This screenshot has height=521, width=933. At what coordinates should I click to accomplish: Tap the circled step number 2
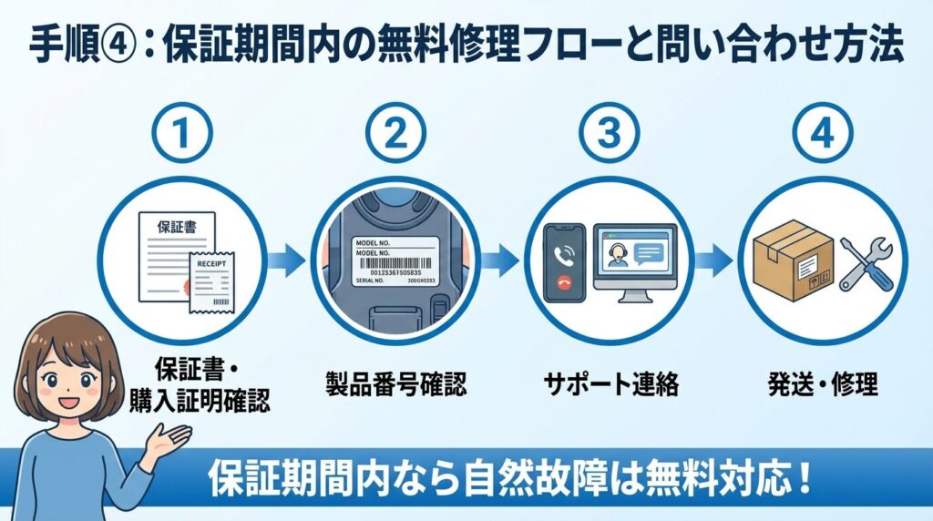coord(395,135)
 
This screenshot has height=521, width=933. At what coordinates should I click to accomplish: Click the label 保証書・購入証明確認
coord(196,383)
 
